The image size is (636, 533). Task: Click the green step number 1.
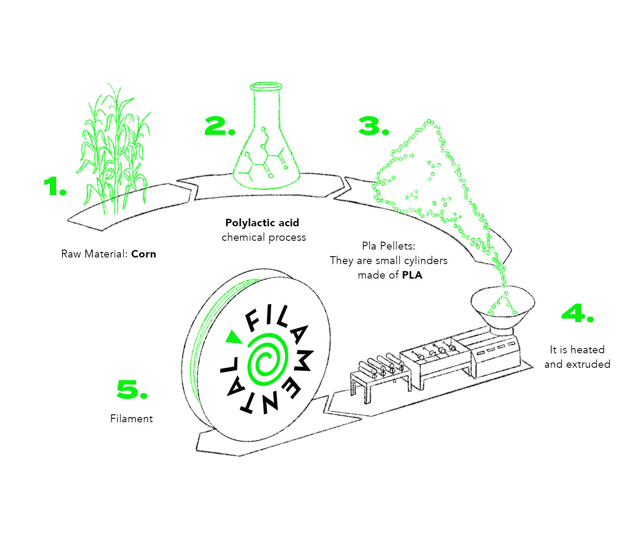pyautogui.click(x=55, y=187)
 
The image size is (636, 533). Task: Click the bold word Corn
pyautogui.click(x=144, y=254)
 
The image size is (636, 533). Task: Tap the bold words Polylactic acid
pyautogui.click(x=262, y=223)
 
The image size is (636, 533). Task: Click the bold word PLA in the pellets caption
pyautogui.click(x=412, y=276)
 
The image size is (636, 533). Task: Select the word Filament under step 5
pyautogui.click(x=131, y=419)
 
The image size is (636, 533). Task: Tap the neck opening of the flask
pyautogui.click(x=265, y=86)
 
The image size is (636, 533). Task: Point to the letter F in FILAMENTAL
pyautogui.click(x=254, y=320)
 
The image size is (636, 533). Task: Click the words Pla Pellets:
pyautogui.click(x=389, y=246)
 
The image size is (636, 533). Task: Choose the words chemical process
pyautogui.click(x=264, y=237)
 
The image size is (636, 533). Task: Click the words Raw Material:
pyautogui.click(x=94, y=254)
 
